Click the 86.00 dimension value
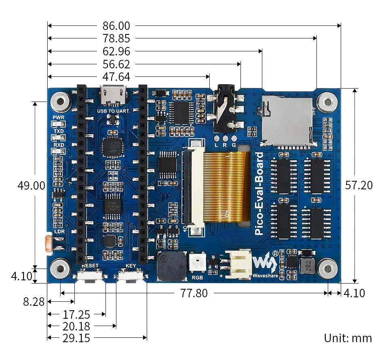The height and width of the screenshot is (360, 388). [116, 26]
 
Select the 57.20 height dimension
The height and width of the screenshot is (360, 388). [359, 185]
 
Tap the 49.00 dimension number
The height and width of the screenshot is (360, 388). [31, 186]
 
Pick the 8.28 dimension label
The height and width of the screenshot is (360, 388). [34, 302]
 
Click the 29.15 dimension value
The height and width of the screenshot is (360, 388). [76, 338]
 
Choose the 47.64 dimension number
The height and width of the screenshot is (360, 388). [116, 77]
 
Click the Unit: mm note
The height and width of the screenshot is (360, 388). [348, 338]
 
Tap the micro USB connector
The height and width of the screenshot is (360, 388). [114, 95]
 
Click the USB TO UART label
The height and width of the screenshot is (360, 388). [113, 110]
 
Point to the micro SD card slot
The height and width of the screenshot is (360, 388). [288, 121]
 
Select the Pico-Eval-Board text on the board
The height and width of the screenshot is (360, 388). [259, 194]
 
